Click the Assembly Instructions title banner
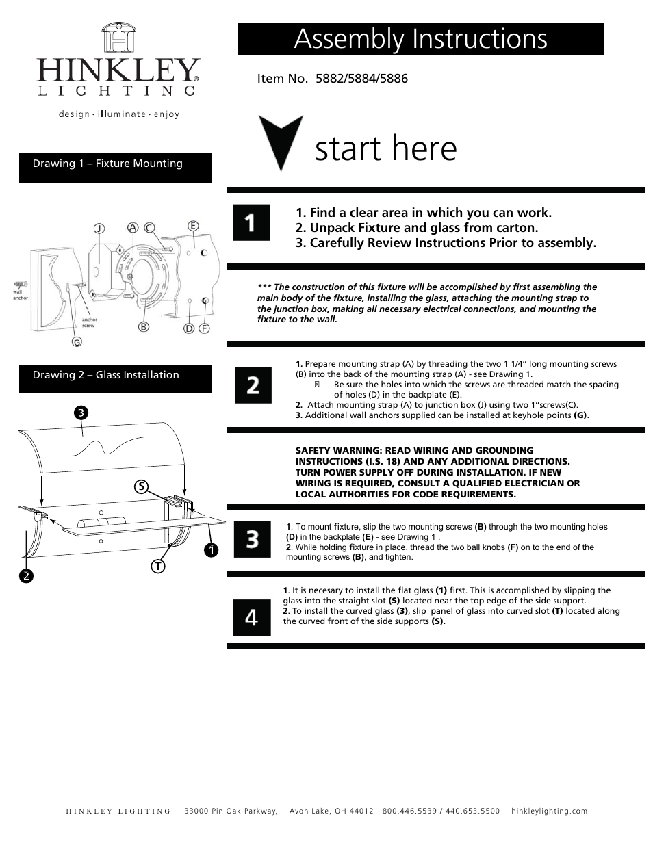(x=420, y=39)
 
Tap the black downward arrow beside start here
(x=280, y=142)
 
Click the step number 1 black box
(x=251, y=222)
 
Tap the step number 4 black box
(x=252, y=617)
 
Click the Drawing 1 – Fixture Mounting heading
(x=107, y=164)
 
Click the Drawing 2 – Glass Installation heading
(x=105, y=375)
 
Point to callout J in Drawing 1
(x=99, y=229)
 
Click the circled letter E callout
(x=193, y=226)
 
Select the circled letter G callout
(x=77, y=341)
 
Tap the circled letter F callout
(x=204, y=328)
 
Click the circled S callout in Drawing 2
(x=140, y=486)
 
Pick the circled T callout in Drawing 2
(x=158, y=566)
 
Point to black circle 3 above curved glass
(x=81, y=413)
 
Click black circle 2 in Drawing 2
(x=25, y=576)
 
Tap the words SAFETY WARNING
(x=336, y=451)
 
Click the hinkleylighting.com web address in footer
(x=549, y=811)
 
